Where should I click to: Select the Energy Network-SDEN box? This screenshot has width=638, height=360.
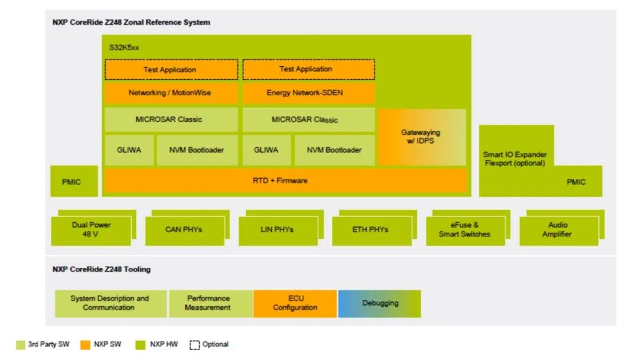point(308,93)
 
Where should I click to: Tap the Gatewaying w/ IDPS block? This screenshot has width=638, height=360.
point(421,137)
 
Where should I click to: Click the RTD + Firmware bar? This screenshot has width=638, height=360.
point(285,180)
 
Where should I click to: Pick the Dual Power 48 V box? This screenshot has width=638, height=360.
point(91,230)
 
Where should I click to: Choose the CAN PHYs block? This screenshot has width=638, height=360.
point(184,230)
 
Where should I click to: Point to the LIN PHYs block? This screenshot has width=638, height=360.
point(278,230)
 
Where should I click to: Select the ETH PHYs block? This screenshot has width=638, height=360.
point(371,230)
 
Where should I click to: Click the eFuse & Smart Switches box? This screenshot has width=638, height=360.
point(465,230)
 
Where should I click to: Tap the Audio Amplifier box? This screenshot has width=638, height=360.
point(558,230)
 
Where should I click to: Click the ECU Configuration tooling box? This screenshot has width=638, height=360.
point(295,303)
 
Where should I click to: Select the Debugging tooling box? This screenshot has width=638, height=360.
point(379,303)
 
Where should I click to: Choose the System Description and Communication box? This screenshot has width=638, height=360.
point(111,303)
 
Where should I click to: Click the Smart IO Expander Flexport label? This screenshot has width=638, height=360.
point(515,159)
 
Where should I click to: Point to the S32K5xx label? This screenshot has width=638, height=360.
point(124,47)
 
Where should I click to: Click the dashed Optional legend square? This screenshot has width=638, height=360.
point(194,345)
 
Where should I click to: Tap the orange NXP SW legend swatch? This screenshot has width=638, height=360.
point(86,345)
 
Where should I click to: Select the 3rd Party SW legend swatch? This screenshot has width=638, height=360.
point(21,345)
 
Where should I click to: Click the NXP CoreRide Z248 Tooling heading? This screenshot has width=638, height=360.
point(102,269)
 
